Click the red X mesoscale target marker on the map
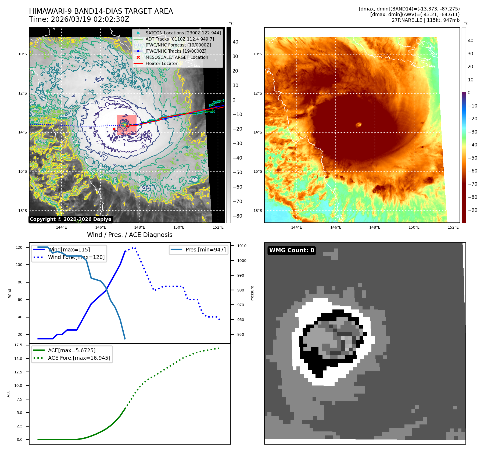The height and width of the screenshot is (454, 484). coord(114,129)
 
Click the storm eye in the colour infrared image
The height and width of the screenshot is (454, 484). coord(359,124)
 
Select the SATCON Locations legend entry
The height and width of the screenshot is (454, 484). coord(183,33)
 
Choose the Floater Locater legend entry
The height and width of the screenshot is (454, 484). coord(161,64)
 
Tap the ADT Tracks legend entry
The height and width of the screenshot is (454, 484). coord(180,39)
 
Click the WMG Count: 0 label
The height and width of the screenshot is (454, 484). coord(292,250)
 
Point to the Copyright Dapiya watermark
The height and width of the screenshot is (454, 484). coord(70,219)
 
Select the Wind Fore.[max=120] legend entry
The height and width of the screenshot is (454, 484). coord(76,257)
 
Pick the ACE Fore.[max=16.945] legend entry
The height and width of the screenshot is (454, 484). coord(79,358)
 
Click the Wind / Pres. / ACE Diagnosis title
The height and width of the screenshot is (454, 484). coord(130,235)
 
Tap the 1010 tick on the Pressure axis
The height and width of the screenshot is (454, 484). coord(242,246)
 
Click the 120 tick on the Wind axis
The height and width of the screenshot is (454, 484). coord(19,247)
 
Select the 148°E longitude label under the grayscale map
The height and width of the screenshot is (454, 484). coord(140,227)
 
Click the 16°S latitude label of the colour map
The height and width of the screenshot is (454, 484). coord(258,171)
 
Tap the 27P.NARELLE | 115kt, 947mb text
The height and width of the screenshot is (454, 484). coord(425,20)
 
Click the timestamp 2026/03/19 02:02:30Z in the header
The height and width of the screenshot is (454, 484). coord(90,19)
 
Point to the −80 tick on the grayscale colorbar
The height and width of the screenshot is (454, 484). coord(237,216)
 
